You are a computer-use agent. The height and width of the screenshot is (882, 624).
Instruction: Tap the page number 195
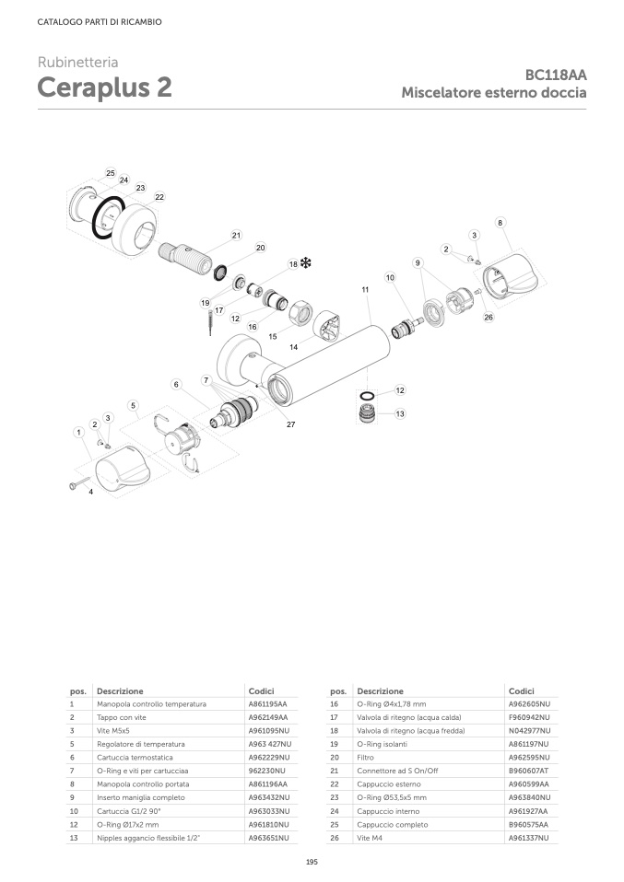click(312, 861)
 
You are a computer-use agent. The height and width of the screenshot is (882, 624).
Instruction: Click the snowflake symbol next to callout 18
click(306, 263)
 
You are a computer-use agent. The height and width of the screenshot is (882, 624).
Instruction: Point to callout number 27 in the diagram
click(290, 424)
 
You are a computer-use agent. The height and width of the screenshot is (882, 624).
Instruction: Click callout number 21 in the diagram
click(236, 236)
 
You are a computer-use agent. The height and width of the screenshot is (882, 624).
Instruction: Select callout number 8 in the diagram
click(500, 223)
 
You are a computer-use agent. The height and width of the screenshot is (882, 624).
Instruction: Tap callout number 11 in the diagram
click(365, 289)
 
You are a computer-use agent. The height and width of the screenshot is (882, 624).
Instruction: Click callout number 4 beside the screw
click(90, 493)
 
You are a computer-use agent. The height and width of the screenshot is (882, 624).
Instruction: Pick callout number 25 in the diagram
click(111, 173)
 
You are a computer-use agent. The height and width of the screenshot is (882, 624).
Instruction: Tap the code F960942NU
click(528, 717)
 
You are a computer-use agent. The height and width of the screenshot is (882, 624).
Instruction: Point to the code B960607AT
click(528, 771)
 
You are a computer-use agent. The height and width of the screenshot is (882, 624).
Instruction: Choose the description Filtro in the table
click(367, 757)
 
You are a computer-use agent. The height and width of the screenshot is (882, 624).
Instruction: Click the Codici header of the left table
click(261, 691)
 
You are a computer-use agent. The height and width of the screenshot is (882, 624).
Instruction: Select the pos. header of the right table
click(337, 691)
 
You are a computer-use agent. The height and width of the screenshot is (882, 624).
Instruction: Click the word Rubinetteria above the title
click(77, 63)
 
